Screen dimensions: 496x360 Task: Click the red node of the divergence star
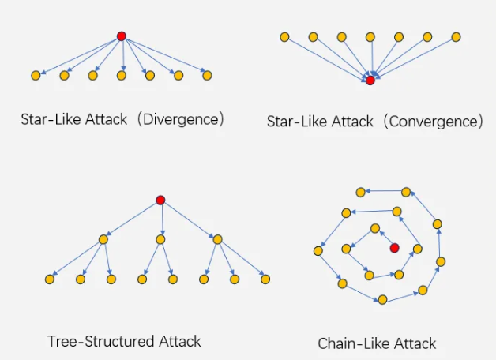pos(122,36)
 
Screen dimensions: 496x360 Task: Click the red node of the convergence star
pos(370,81)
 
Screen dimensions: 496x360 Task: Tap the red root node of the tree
pos(160,200)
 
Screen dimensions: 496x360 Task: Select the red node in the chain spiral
pos(394,248)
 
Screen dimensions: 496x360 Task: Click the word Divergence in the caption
pos(181,119)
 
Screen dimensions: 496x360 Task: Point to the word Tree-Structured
pos(101,341)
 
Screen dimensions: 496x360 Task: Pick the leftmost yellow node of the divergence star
pos(36,76)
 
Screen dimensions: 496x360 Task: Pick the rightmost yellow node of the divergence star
pos(207,76)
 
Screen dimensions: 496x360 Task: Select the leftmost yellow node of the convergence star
pos(284,37)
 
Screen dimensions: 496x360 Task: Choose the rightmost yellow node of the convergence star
pos(456,37)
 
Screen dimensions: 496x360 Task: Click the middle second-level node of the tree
pos(160,239)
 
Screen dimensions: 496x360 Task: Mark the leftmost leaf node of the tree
pos(50,279)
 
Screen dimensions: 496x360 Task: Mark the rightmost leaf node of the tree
pos(265,279)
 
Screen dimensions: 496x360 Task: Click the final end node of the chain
pos(361,192)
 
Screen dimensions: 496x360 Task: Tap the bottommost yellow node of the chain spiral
pos(382,299)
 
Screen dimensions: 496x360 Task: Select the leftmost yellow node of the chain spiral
pos(318,251)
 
